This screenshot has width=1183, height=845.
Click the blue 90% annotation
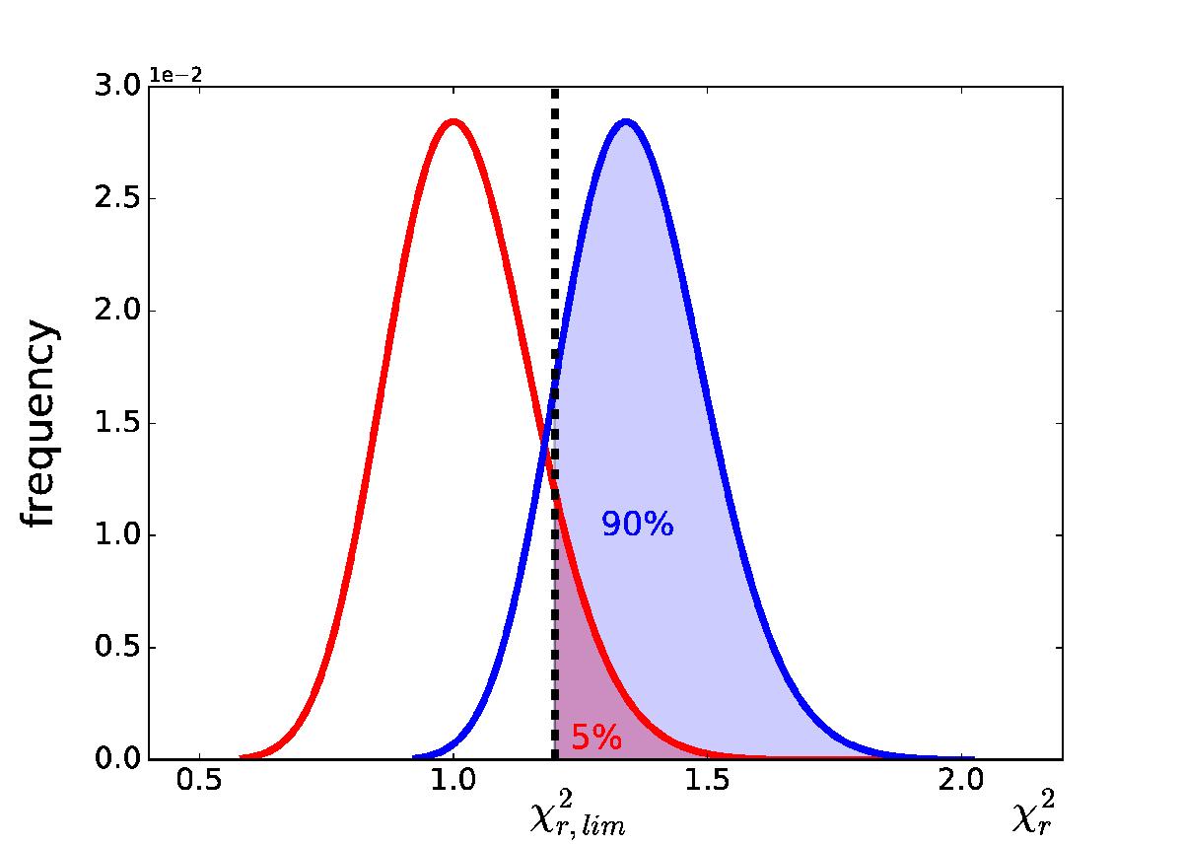638,525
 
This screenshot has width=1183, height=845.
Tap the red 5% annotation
596,737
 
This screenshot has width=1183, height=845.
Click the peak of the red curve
453,122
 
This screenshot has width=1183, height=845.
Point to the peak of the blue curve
626,122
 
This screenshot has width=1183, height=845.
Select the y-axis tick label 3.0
117,86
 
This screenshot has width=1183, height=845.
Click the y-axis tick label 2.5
117,198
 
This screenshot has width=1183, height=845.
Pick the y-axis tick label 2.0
117,311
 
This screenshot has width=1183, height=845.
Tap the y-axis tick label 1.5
117,423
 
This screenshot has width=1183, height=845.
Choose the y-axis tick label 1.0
117,535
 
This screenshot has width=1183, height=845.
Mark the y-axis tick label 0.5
117,647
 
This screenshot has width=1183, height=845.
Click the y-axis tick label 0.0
117,759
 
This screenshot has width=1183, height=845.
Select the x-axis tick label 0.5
199,781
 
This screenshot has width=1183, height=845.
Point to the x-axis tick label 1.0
453,781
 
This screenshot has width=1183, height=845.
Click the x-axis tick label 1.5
707,781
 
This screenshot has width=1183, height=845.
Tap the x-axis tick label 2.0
961,781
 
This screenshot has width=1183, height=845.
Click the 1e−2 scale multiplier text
175,76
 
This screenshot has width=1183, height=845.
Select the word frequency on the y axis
38,422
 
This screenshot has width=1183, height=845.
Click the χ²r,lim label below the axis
578,813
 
